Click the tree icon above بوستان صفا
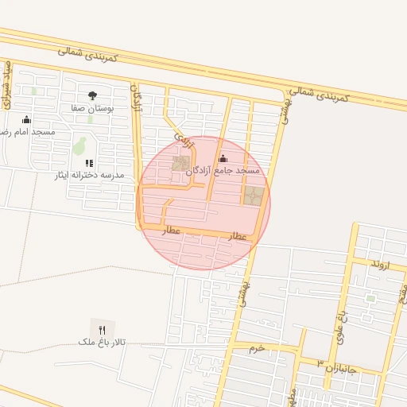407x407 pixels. click(93, 95)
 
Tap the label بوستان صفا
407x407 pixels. click(93, 107)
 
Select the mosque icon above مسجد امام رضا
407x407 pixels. click(25, 119)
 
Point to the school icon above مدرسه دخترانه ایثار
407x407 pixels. click(90, 163)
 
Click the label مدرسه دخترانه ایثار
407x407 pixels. click(90, 174)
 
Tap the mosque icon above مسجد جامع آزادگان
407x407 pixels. click(223, 158)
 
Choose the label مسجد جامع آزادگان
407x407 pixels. click(223, 170)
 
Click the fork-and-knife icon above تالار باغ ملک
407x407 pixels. click(102, 329)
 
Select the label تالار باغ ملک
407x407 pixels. click(102, 341)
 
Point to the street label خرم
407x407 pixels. click(255, 348)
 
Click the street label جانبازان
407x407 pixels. click(344, 368)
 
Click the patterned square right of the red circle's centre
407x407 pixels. click(254, 196)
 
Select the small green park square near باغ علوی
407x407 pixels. click(370, 298)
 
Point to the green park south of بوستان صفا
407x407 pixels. click(79, 145)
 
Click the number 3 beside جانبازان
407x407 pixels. click(320, 363)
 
